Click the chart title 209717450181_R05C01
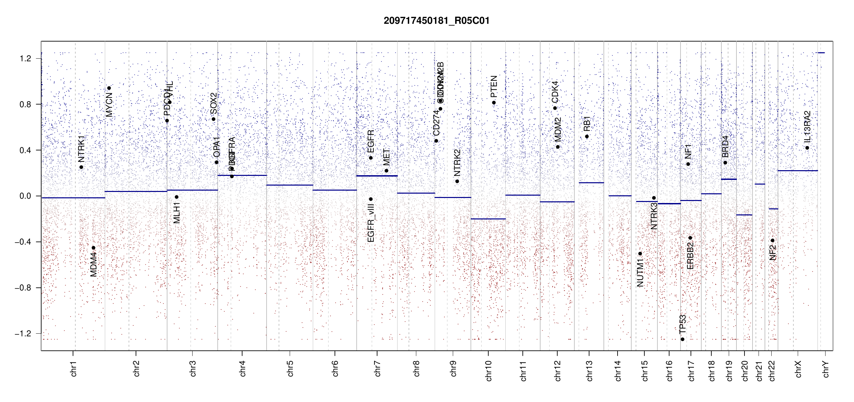click(x=436, y=21)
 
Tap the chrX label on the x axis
click(x=798, y=369)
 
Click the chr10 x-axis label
click(x=489, y=371)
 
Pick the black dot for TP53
click(x=683, y=339)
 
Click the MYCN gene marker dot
click(x=109, y=88)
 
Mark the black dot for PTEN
click(x=494, y=103)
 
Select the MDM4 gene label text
click(x=93, y=265)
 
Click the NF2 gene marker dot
click(x=773, y=241)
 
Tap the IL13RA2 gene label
click(x=807, y=127)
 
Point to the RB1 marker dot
click(x=587, y=136)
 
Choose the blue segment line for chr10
click(x=488, y=219)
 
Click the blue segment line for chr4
click(x=242, y=175)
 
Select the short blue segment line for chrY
click(x=821, y=53)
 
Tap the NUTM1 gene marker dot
click(x=640, y=254)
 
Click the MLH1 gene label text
click(x=177, y=213)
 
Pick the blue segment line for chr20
click(x=744, y=215)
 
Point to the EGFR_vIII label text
click(x=371, y=223)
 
